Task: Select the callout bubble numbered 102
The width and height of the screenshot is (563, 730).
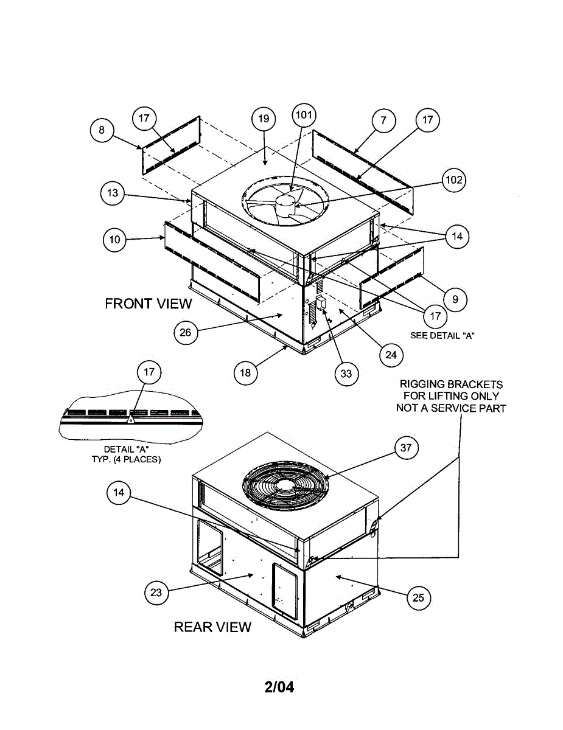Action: [x=454, y=180]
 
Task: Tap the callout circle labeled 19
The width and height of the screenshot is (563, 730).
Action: [x=264, y=119]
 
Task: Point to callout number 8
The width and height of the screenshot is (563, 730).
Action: [x=102, y=130]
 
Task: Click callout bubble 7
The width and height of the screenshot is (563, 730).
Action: [x=383, y=120]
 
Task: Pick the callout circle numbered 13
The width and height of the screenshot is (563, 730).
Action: [x=112, y=194]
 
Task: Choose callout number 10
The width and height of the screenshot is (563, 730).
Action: [x=114, y=240]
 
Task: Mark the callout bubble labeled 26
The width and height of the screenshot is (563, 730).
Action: [x=186, y=332]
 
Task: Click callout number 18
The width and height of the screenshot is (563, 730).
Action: [x=245, y=373]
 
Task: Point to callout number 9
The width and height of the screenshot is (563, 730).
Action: [x=455, y=299]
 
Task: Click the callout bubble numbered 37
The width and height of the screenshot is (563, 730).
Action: [x=406, y=448]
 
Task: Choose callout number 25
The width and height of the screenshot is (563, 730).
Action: [x=418, y=597]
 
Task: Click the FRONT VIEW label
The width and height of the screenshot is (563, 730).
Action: [x=148, y=304]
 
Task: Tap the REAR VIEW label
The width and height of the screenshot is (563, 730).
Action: [x=212, y=627]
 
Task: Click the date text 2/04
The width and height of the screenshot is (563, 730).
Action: [x=279, y=688]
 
